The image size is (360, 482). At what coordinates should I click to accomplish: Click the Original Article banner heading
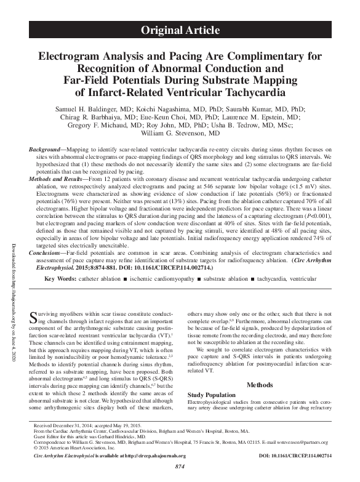coord(180,29)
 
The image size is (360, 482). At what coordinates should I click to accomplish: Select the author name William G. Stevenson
coord(180,133)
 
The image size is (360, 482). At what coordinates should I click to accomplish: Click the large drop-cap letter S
coord(34,319)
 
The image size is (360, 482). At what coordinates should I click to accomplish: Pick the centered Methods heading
coord(259,385)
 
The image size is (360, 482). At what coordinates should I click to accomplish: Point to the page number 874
coord(180,468)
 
